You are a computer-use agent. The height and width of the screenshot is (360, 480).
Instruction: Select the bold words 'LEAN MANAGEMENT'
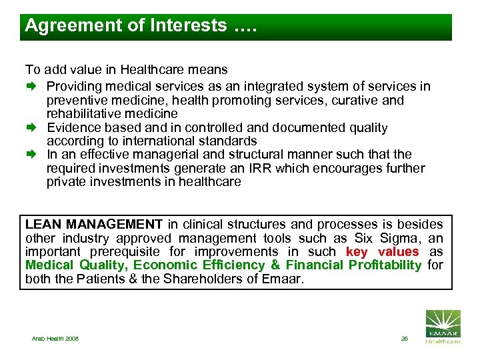94,225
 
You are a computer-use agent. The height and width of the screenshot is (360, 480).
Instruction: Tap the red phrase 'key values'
382,251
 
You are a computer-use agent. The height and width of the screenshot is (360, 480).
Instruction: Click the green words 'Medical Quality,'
77,265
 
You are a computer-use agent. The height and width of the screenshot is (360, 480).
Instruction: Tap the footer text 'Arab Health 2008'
55,339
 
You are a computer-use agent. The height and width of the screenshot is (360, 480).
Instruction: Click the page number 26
404,339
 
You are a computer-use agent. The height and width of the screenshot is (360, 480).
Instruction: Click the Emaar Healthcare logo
443,327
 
